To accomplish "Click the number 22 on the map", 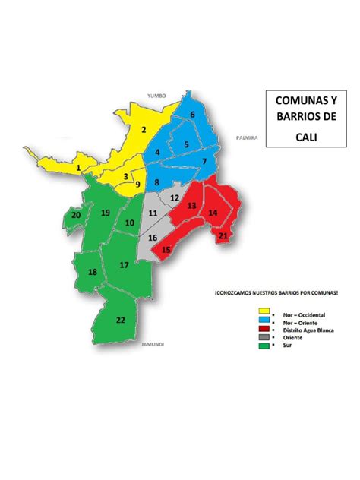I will tap(121, 320).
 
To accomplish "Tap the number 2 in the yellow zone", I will tap(143, 129).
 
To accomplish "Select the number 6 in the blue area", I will tap(192, 115).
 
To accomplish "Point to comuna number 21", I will tap(223, 236).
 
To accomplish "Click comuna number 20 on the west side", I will tap(76, 215).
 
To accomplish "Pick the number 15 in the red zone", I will tap(166, 249).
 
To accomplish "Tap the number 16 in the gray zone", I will tap(153, 238).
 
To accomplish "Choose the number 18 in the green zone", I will tap(92, 273).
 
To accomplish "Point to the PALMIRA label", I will tap(248, 138).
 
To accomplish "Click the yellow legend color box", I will tap(266, 311).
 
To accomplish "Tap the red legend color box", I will tap(266, 330).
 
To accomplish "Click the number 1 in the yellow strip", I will tap(78, 167).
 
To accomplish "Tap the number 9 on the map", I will tap(137, 184).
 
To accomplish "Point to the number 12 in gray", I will tap(174, 197).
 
